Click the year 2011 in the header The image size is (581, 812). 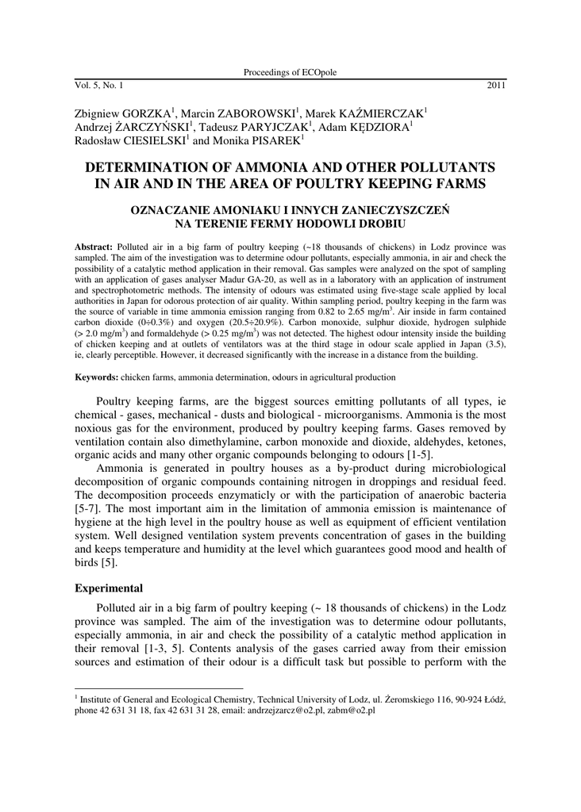[x=496, y=84]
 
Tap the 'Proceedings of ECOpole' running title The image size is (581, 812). [x=290, y=72]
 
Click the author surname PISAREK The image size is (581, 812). [x=271, y=140]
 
